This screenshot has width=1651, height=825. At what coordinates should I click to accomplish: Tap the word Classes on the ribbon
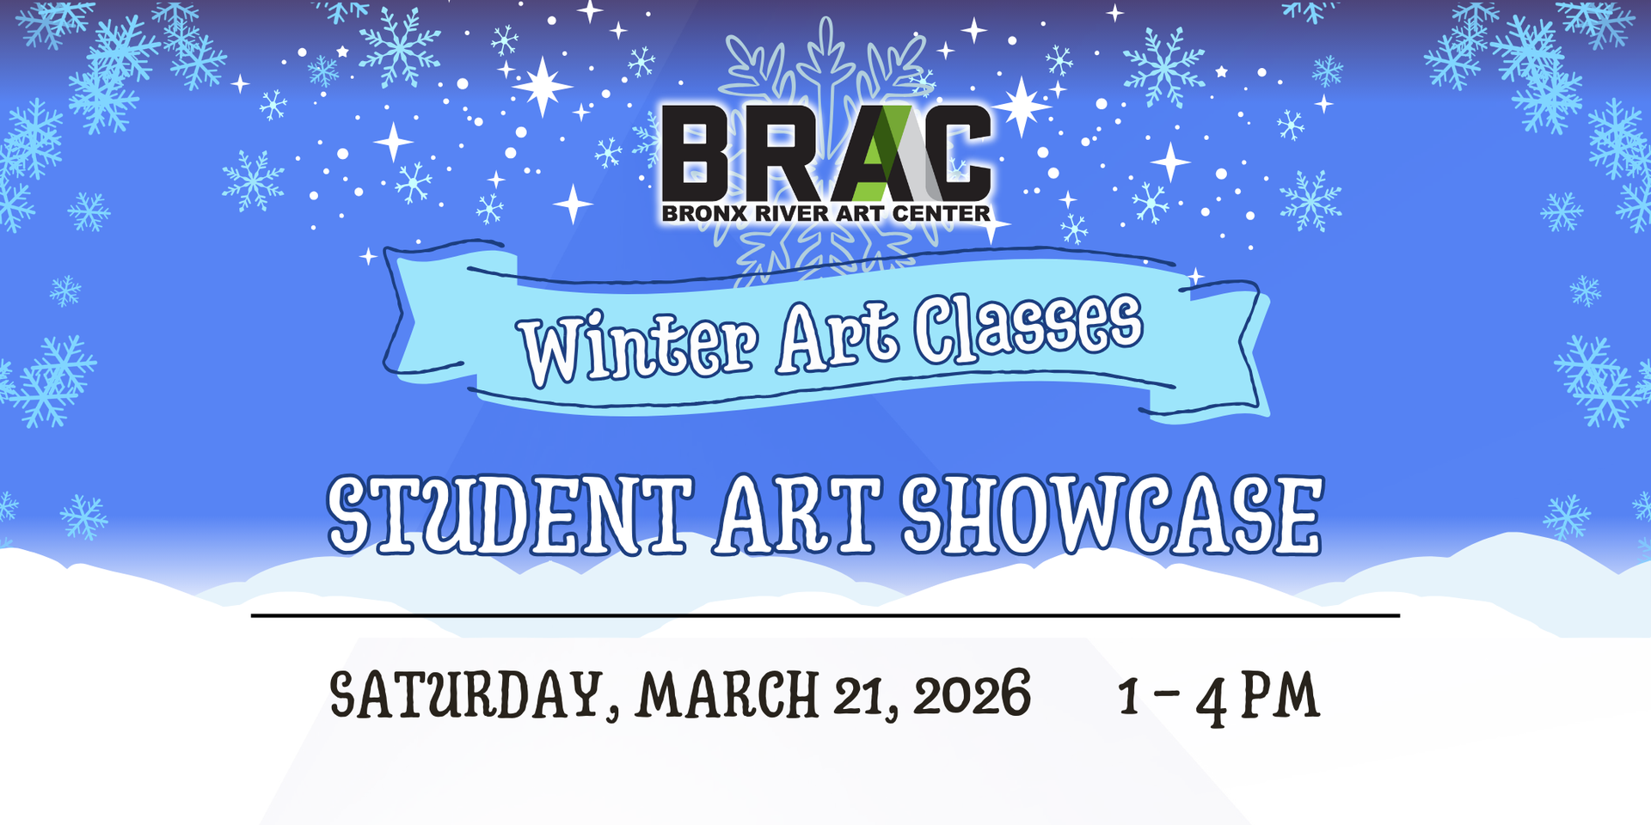(x=1028, y=327)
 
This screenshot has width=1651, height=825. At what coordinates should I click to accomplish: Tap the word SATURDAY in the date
(x=465, y=694)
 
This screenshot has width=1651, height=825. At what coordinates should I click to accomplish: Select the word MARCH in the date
(x=727, y=694)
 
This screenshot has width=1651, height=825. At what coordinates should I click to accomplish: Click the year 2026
(x=972, y=694)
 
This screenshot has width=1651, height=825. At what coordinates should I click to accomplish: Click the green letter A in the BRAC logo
(x=879, y=155)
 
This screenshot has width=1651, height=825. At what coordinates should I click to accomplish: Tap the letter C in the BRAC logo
(x=959, y=155)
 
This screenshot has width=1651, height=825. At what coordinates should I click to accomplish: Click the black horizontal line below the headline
(x=825, y=615)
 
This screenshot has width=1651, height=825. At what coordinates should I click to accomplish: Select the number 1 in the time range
(x=1129, y=694)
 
